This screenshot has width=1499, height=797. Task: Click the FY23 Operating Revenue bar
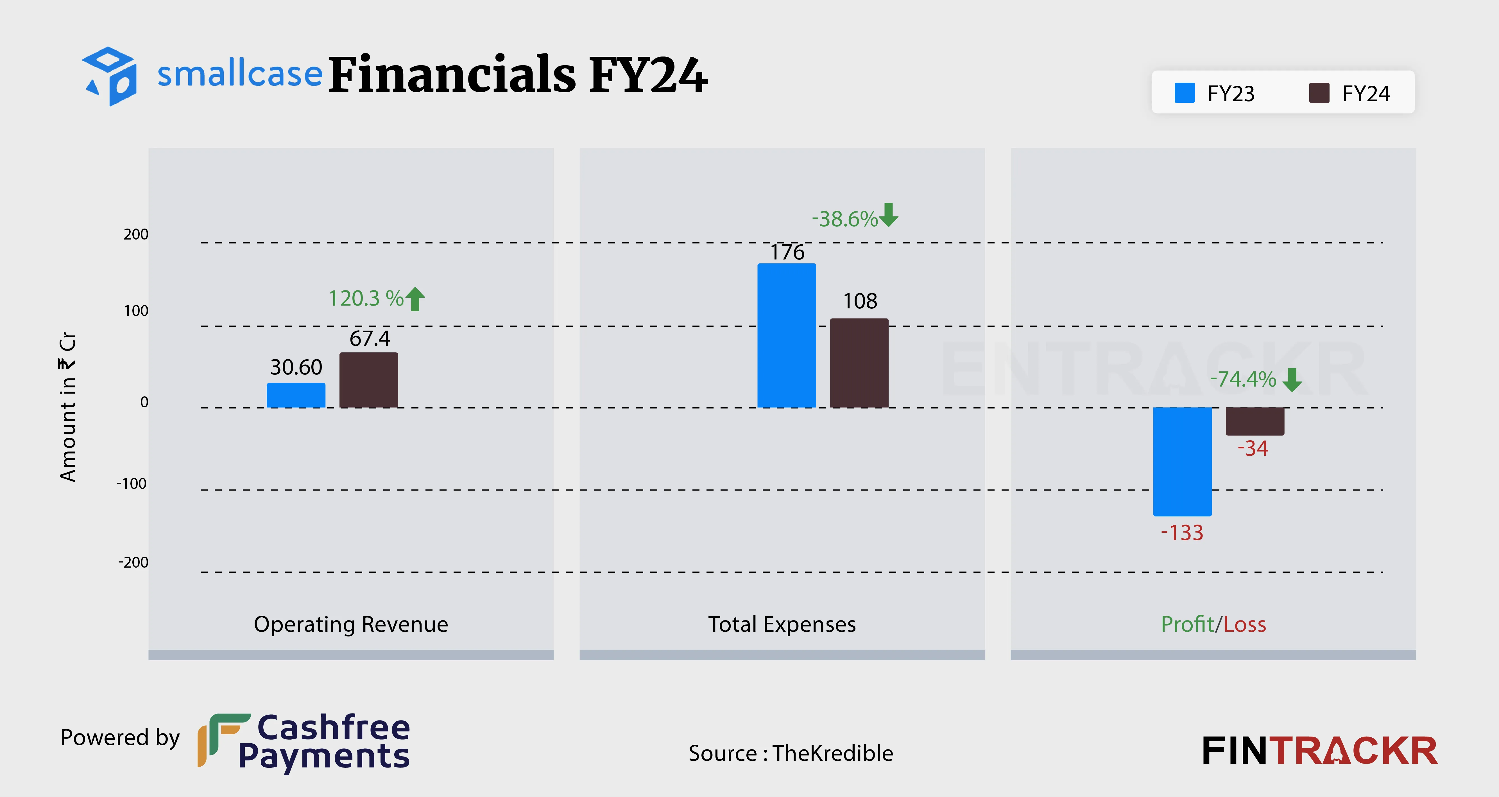[296, 395]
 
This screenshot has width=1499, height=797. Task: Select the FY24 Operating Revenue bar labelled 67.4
[368, 380]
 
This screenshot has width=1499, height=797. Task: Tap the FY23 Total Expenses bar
[786, 336]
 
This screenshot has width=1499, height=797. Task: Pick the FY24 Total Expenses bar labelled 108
[859, 363]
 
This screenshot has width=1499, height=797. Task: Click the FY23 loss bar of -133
[1182, 462]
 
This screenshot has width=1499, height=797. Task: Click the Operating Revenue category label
[351, 624]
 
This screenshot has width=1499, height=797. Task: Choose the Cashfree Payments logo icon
[223, 739]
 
